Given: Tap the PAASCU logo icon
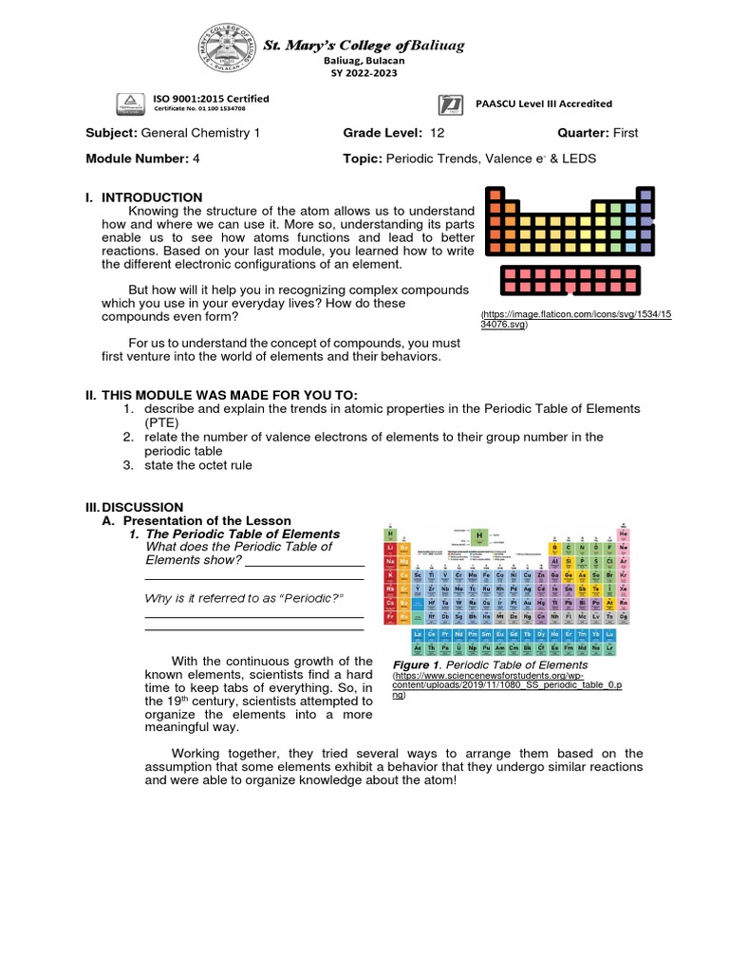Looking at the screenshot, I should coord(453,104).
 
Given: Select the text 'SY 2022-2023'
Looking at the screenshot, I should coord(364,73).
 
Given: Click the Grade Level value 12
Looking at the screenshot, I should coord(437,134).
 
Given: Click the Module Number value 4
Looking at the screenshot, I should coord(196,159).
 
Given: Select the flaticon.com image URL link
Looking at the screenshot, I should coord(576,319).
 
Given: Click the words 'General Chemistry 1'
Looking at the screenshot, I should coord(200,134).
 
